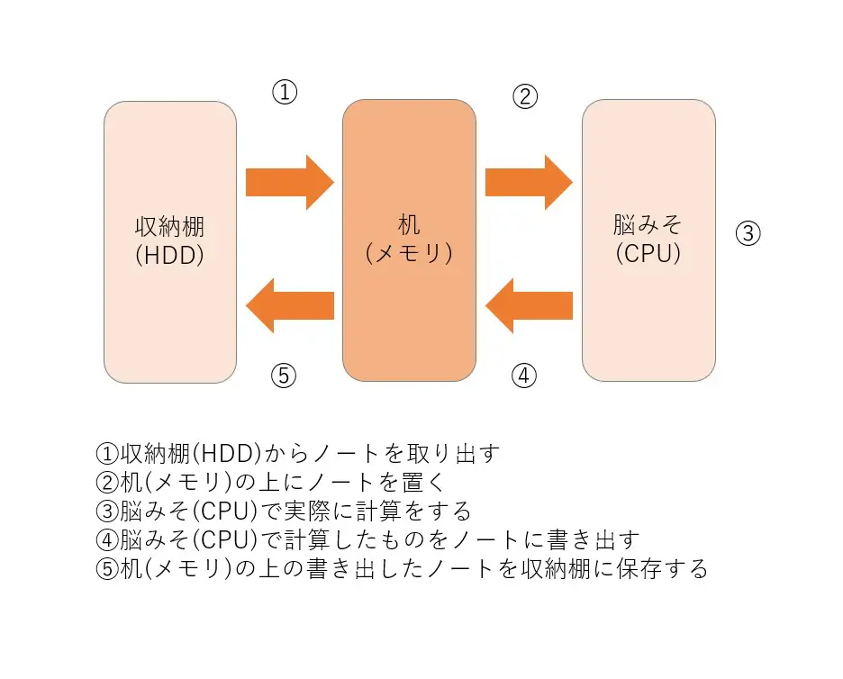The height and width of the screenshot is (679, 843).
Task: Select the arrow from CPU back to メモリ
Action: tap(529, 306)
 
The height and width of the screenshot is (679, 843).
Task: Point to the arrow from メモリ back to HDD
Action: tap(290, 306)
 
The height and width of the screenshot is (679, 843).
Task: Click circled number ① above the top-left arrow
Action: tap(285, 92)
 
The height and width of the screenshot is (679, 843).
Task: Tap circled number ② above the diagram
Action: tap(525, 96)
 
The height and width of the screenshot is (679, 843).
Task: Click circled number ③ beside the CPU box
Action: tap(748, 234)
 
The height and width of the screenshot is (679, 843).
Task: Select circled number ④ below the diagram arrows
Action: tap(524, 376)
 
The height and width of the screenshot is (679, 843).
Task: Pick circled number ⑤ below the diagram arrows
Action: tap(284, 376)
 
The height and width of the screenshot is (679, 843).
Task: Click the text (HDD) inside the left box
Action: tap(170, 256)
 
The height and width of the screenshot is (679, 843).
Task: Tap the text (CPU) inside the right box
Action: tap(648, 254)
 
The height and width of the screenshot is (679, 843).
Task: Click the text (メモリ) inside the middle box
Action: tap(409, 254)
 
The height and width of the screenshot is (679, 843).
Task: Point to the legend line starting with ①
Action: tap(297, 452)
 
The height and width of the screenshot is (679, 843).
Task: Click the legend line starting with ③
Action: tap(283, 512)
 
